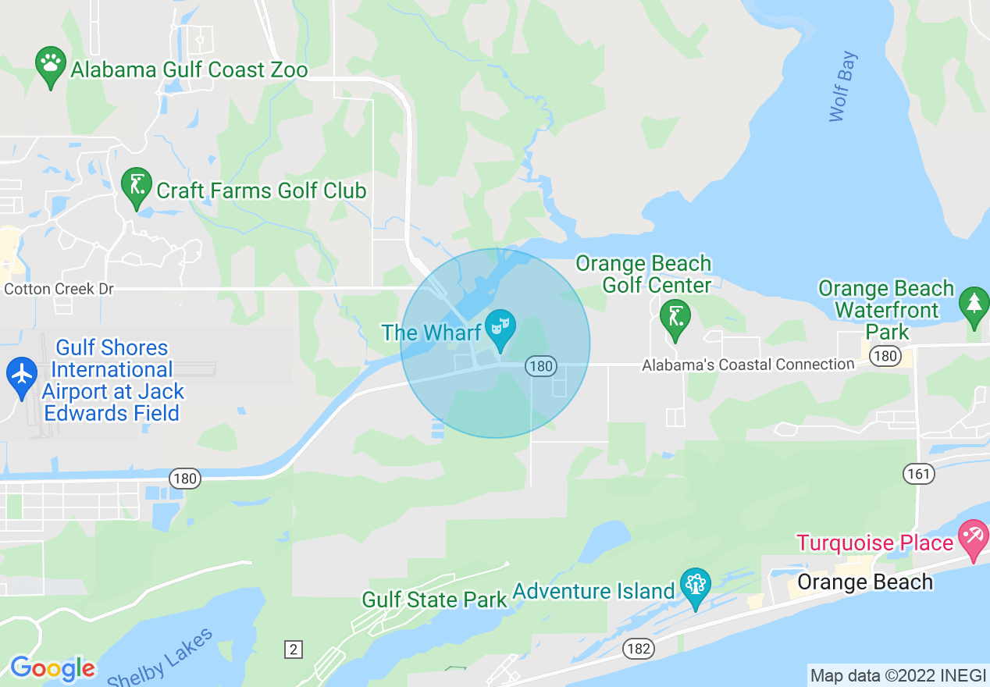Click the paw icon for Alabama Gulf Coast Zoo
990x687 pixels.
(x=52, y=66)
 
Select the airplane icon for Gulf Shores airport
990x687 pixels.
(x=22, y=376)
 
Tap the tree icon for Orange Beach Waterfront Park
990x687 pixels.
(x=974, y=306)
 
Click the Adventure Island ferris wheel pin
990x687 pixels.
(x=694, y=586)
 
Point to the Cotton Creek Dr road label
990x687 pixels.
(x=59, y=289)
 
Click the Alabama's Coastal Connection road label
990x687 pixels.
(x=748, y=365)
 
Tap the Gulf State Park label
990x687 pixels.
(x=435, y=600)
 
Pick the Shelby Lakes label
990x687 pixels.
(x=159, y=660)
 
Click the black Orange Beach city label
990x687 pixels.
(x=865, y=582)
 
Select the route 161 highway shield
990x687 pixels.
(x=919, y=472)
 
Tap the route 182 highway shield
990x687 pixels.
(x=638, y=647)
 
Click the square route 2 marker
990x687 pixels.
(x=293, y=650)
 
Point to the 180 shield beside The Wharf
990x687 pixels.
(x=540, y=365)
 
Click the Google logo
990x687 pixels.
(x=52, y=668)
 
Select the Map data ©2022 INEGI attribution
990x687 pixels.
(x=896, y=675)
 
